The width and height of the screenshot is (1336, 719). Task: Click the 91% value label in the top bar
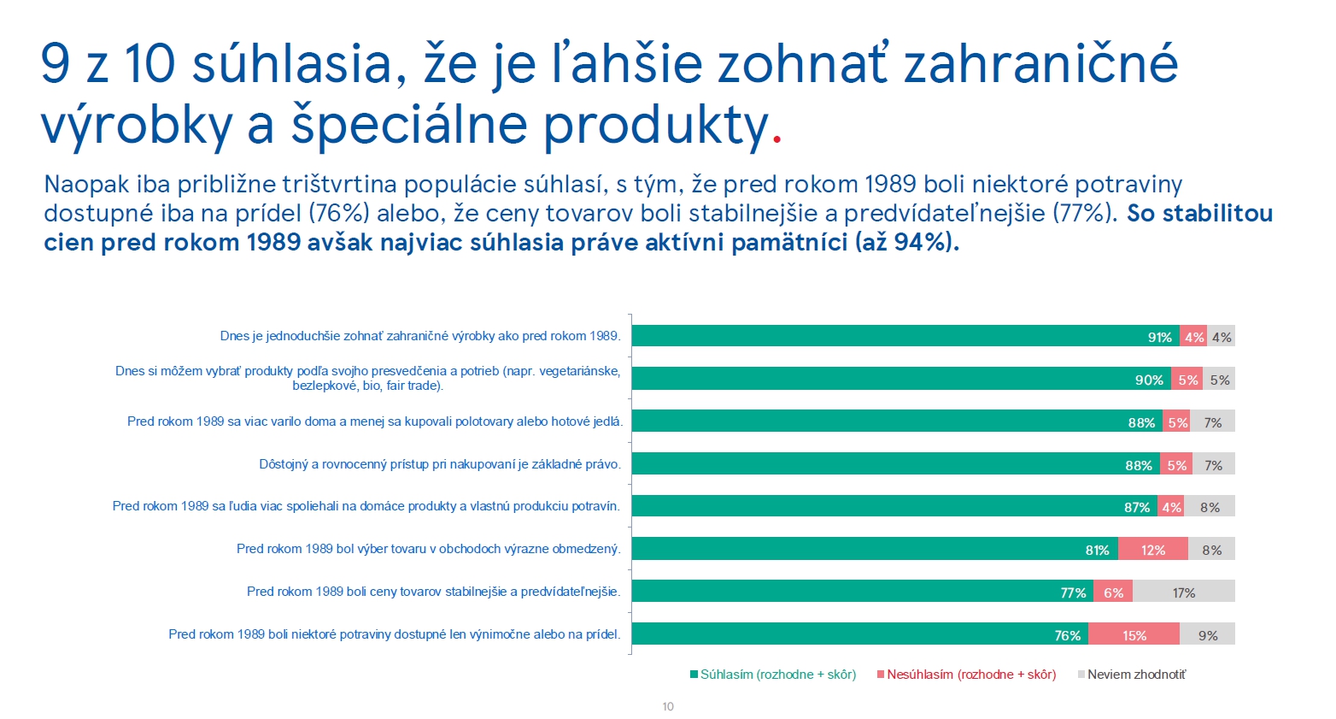(x=1159, y=337)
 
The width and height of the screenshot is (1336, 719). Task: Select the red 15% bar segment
(x=1134, y=634)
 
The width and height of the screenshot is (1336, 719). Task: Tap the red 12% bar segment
(x=1152, y=550)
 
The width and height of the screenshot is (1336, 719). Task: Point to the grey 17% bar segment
(x=1183, y=592)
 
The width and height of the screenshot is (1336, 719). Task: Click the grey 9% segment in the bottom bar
(x=1207, y=634)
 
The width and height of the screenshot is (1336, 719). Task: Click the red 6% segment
(x=1112, y=592)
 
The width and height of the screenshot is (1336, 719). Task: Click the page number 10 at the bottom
(x=668, y=706)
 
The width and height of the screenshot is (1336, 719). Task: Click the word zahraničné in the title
(x=1040, y=64)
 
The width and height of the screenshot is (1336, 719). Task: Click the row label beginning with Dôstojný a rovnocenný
(x=440, y=464)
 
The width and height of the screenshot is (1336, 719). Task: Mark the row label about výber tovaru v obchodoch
(x=429, y=549)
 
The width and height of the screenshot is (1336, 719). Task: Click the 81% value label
(x=1097, y=550)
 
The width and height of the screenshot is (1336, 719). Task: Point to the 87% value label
(x=1136, y=507)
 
